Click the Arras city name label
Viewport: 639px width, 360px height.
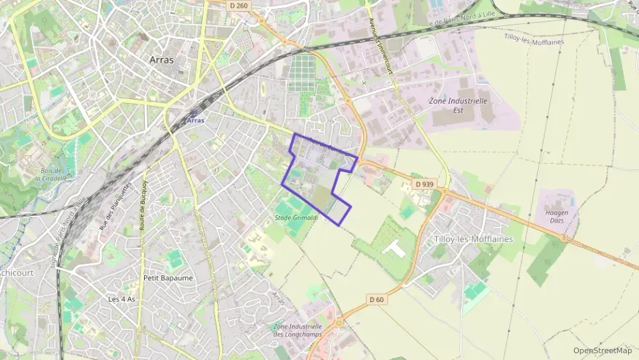tap(161, 59)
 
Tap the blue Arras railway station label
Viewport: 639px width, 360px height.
tap(195, 121)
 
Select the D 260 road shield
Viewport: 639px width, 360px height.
tap(238, 4)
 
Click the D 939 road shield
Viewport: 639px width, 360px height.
tap(424, 184)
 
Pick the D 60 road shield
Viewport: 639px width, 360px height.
tap(377, 299)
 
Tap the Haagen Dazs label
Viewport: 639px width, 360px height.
tap(556, 217)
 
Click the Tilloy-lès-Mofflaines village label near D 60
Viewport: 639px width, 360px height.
tap(473, 239)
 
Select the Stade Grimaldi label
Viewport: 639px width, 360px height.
tap(292, 217)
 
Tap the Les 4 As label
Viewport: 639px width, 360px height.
tap(122, 299)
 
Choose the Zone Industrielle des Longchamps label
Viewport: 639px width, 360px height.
tap(297, 330)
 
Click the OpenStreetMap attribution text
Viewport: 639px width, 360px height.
tap(602, 350)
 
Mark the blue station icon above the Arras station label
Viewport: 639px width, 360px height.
tap(195, 113)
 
